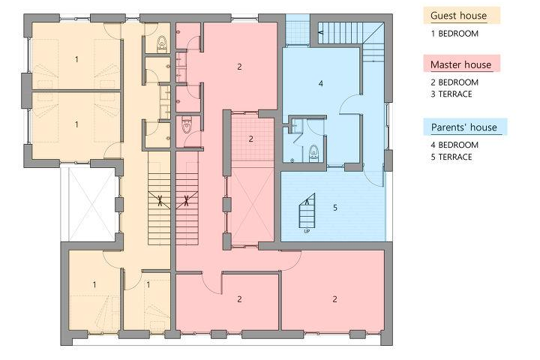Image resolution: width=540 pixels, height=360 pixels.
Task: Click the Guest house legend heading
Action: [x=458, y=16]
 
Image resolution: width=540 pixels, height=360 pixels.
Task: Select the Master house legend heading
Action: [x=460, y=64]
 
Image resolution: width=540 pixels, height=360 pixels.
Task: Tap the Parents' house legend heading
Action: [x=464, y=127]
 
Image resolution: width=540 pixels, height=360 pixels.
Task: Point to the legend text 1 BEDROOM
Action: [x=454, y=34]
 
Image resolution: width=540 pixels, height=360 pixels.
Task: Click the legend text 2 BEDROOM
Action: [x=454, y=82]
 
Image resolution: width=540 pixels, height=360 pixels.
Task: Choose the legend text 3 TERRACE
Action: [x=451, y=94]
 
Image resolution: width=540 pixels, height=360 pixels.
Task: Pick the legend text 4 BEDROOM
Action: [x=454, y=145]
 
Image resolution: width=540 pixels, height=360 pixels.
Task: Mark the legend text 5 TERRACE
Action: [x=451, y=157]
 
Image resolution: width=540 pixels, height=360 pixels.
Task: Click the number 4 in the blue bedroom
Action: [x=321, y=83]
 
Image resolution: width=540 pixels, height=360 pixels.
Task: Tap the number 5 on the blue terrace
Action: [x=335, y=208]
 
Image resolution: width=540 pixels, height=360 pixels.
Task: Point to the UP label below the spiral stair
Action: [x=307, y=232]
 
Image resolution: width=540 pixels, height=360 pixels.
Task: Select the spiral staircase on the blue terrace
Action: [x=307, y=211]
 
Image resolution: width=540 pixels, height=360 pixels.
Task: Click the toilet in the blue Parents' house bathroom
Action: [x=313, y=152]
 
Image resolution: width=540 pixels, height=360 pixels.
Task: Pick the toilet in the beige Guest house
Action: [x=162, y=44]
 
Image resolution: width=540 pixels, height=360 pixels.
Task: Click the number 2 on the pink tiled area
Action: [x=250, y=139]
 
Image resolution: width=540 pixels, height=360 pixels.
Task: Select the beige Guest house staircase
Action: [x=159, y=199]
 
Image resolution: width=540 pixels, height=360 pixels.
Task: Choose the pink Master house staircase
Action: [x=187, y=199]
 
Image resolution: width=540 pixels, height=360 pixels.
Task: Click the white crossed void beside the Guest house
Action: [x=91, y=205]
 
